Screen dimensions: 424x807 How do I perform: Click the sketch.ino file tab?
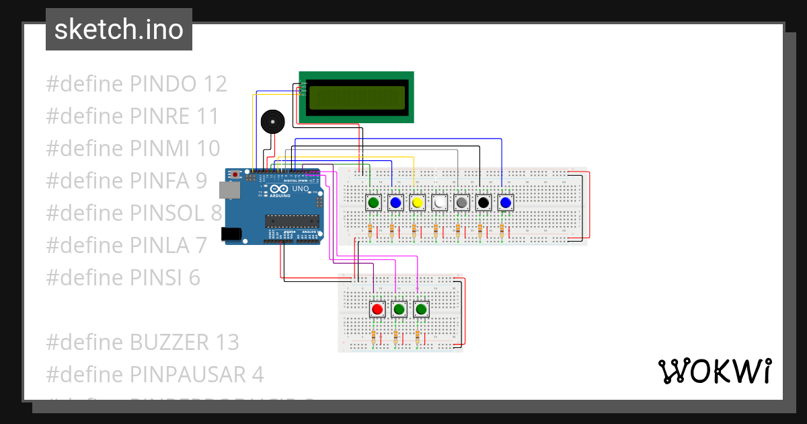click(x=119, y=30)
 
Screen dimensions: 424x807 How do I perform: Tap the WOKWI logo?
click(x=714, y=371)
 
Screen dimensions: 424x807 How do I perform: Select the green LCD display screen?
click(x=356, y=97)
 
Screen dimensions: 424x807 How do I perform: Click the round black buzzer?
click(x=272, y=122)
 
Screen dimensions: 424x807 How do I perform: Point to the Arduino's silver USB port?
click(x=231, y=190)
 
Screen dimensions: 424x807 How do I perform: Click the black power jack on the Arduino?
click(x=231, y=234)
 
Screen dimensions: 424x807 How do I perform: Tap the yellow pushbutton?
click(x=418, y=203)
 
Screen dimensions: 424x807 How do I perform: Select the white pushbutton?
click(x=439, y=203)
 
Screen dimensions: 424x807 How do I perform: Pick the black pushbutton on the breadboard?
click(x=483, y=203)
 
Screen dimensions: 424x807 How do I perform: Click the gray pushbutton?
click(x=461, y=203)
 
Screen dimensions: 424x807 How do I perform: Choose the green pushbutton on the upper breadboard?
click(x=374, y=203)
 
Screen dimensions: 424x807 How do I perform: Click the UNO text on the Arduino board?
click(x=301, y=189)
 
